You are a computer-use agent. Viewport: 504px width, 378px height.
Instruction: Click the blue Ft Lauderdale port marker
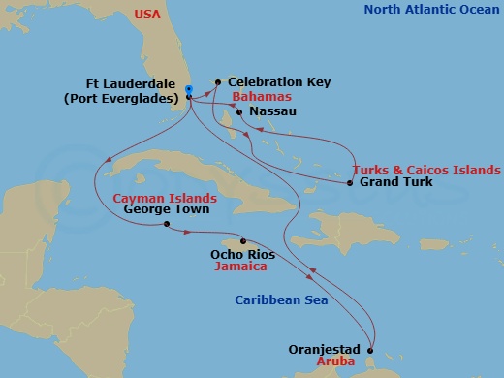coord(188,90)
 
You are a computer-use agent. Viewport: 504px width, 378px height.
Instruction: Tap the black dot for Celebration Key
coord(218,82)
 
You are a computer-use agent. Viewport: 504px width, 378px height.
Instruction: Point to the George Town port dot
coord(167,225)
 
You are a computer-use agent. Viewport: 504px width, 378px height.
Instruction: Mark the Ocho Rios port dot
coord(242,241)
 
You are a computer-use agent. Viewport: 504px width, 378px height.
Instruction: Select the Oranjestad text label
coord(325,349)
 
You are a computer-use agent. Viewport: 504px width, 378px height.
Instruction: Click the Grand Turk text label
coord(395,182)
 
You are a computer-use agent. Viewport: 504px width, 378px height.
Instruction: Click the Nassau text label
coord(272,112)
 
